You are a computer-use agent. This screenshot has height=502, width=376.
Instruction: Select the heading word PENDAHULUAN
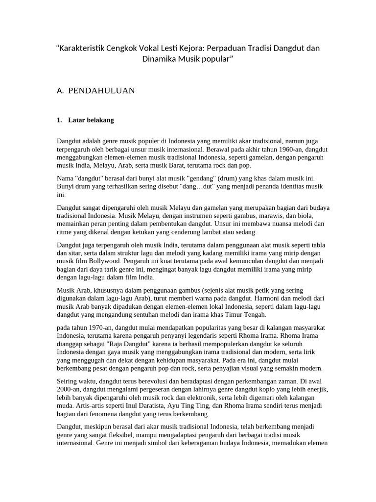pyautogui.click(x=101, y=90)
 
